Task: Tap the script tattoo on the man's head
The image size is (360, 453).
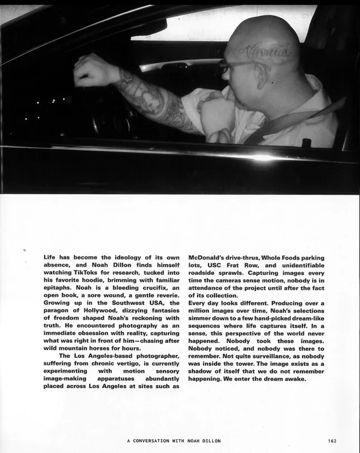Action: tap(266, 53)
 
